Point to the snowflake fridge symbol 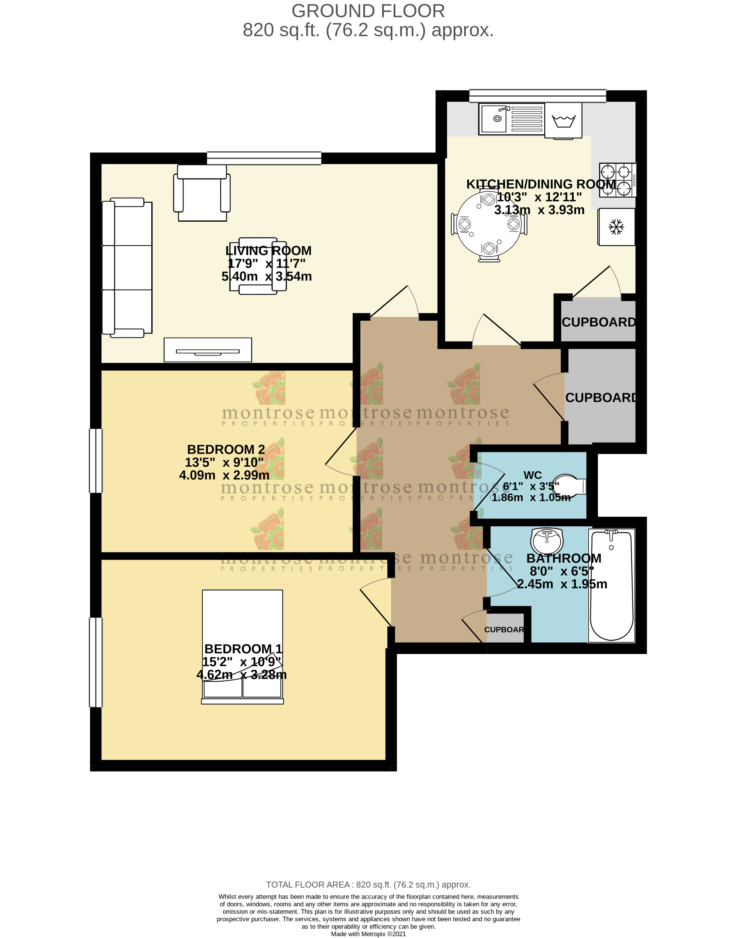616,227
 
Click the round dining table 489,224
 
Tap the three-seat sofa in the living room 127,268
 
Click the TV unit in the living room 208,350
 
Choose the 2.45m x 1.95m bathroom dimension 562,584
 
